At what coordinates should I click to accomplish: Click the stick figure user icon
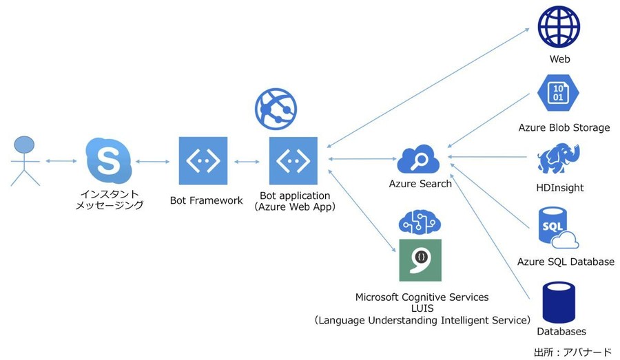[24, 161]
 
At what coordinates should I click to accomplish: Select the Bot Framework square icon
[203, 160]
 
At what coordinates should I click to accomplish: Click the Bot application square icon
[293, 160]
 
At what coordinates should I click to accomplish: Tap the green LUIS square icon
[420, 260]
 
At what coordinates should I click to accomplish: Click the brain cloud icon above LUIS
[420, 220]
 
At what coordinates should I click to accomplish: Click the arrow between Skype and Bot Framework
[152, 162]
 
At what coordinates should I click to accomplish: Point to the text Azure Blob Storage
[564, 127]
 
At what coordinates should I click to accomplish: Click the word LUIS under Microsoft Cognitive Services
[422, 308]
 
